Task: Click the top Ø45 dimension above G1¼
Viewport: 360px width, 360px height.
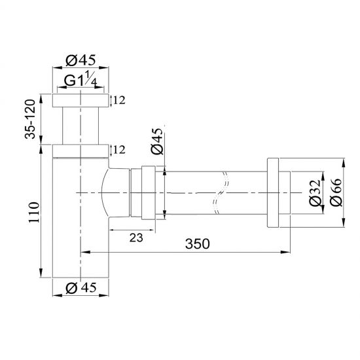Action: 81,61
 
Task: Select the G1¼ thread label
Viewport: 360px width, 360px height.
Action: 81,83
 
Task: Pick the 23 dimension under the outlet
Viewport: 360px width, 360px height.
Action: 135,239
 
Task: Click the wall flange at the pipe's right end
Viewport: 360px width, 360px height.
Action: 274,192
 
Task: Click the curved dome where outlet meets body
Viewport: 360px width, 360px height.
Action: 110,192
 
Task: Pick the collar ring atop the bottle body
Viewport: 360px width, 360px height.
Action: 80,151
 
